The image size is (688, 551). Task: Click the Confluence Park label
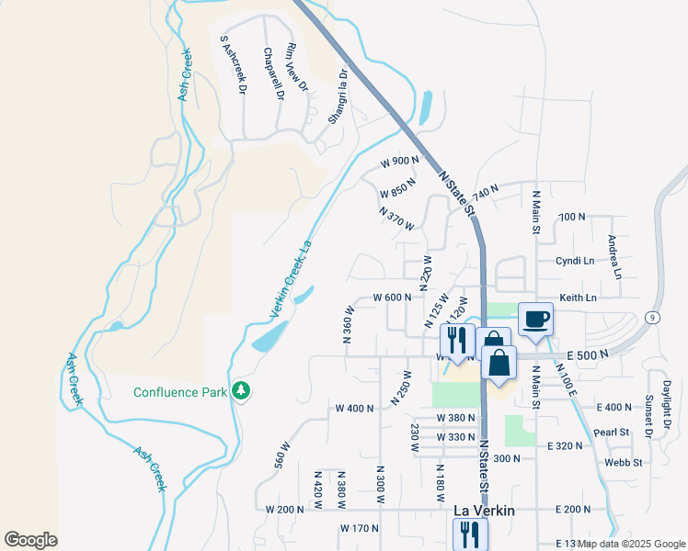point(179,392)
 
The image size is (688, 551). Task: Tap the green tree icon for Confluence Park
point(242,391)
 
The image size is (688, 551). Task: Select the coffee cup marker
point(536,320)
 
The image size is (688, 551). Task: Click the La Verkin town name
point(484,510)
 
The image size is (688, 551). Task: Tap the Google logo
point(30,540)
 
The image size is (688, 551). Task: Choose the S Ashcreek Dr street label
point(234,65)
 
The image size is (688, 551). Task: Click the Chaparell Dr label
point(272,73)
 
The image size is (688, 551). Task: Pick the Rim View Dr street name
point(297,70)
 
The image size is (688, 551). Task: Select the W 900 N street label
point(399,161)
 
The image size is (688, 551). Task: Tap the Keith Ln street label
point(579,298)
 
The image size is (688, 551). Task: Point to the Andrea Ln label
point(613,257)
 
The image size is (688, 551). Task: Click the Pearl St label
point(611,432)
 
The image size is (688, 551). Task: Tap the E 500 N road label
point(588,354)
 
